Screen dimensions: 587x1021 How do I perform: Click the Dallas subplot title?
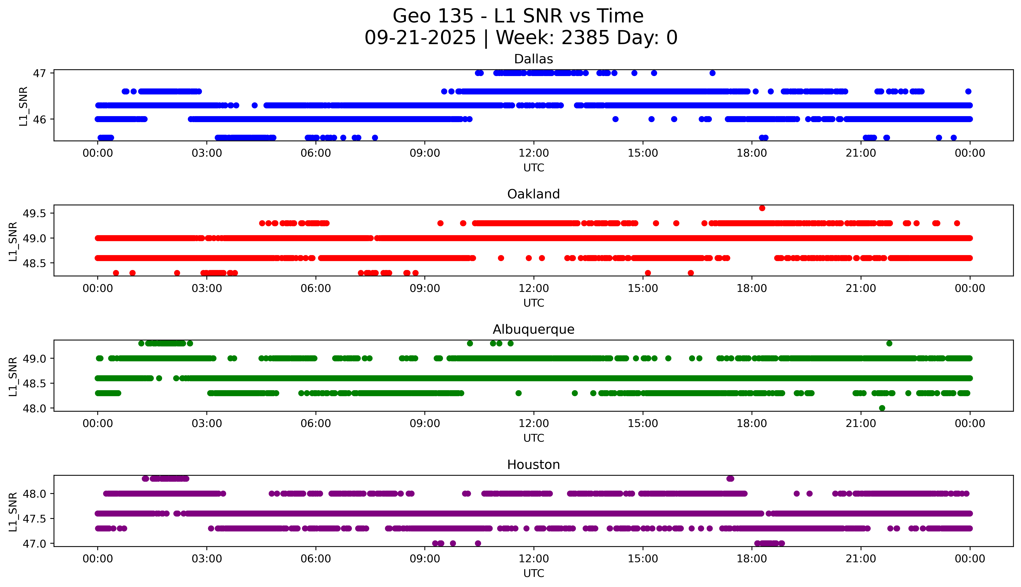click(534, 59)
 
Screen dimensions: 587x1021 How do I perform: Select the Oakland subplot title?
click(534, 194)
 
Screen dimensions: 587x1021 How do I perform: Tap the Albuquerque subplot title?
click(534, 329)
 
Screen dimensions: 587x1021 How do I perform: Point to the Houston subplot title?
click(534, 465)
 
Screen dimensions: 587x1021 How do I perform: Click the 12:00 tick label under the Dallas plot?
click(534, 153)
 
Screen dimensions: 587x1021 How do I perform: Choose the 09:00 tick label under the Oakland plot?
click(425, 288)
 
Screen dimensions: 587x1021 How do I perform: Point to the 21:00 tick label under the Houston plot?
click(861, 559)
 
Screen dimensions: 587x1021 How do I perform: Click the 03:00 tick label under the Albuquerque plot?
click(207, 424)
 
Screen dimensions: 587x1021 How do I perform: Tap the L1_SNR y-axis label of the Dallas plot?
click(23, 106)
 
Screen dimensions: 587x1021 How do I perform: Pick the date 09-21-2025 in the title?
click(420, 38)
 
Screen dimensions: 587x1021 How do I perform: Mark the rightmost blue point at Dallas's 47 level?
click(712, 73)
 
